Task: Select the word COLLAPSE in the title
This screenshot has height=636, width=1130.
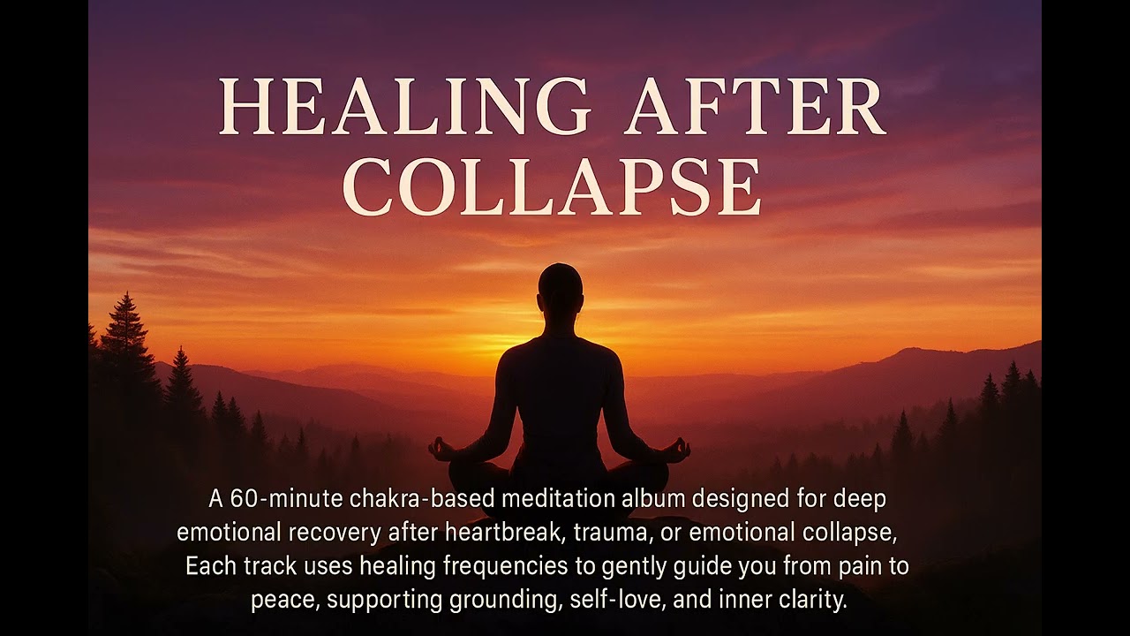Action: click(552, 186)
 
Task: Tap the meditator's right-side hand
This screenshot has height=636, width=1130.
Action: click(677, 450)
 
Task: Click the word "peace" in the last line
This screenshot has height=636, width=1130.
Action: click(285, 601)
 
